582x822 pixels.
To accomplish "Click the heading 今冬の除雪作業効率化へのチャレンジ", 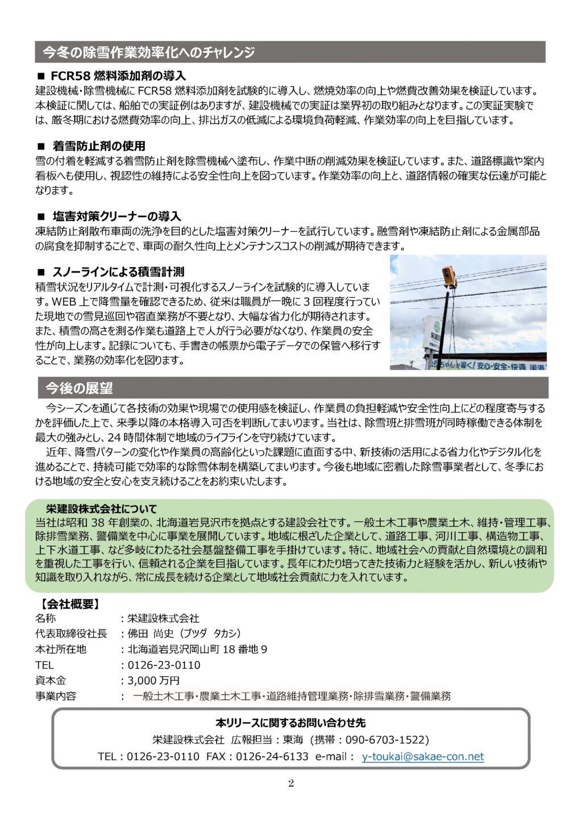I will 148,53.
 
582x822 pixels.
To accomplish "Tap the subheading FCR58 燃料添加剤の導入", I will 118,76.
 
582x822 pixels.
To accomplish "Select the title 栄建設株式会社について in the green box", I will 101,509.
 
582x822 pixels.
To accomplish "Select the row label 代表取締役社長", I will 71,634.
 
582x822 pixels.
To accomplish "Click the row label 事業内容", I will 56,696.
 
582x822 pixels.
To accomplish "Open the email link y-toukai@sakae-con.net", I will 422,757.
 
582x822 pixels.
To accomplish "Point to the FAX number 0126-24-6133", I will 272,757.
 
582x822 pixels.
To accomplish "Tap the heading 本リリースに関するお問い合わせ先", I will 290,723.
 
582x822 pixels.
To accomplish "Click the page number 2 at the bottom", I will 291,784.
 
